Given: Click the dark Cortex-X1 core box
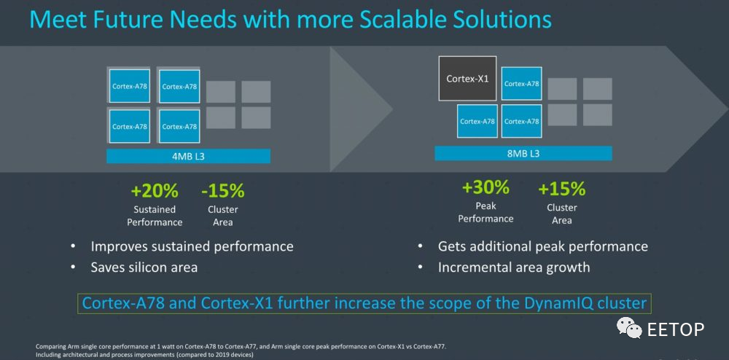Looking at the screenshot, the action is point(467,79).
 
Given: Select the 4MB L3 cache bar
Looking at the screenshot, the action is point(188,156).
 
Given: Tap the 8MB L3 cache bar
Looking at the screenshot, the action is point(523,153).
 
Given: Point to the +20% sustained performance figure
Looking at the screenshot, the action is point(155,190).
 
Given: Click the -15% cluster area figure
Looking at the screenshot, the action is point(222,190).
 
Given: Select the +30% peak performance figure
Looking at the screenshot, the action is point(486,188).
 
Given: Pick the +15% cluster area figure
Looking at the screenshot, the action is point(561,189).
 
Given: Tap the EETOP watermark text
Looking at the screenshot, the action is point(676,329).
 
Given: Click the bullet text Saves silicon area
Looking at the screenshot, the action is point(144,267).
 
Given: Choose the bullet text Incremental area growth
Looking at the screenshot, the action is point(514,267).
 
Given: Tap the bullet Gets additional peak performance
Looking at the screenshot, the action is point(543,246).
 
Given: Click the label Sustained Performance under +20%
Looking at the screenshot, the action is point(155,216).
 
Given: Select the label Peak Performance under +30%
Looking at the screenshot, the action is point(486,212).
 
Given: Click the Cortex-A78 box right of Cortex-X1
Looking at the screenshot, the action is point(522,84).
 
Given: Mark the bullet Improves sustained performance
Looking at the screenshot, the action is point(192,246).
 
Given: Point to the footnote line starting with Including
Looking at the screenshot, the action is point(144,356).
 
